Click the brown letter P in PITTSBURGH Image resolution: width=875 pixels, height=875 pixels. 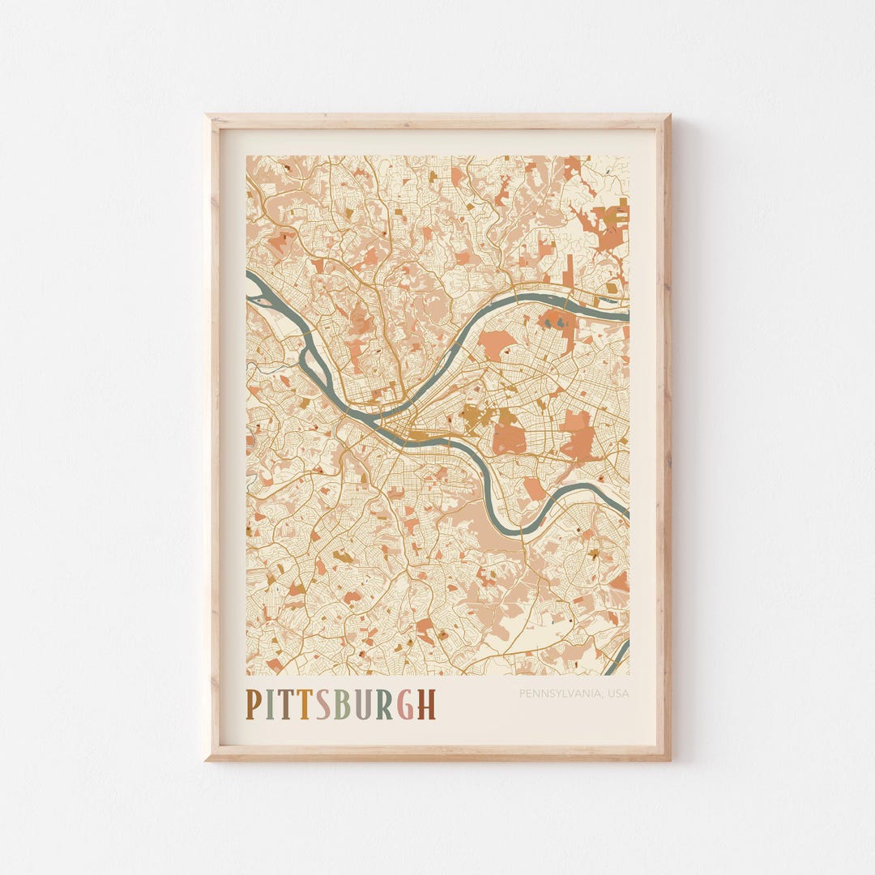pyautogui.click(x=254, y=704)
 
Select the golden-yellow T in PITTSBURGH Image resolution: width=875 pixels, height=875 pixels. pyautogui.click(x=303, y=704)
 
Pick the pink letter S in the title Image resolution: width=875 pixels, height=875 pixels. pyautogui.click(x=322, y=704)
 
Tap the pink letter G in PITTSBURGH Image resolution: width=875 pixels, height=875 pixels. pyautogui.click(x=405, y=704)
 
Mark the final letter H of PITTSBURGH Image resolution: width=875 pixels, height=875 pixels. pyautogui.click(x=426, y=704)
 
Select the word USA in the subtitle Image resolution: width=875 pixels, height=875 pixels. pyautogui.click(x=617, y=694)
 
